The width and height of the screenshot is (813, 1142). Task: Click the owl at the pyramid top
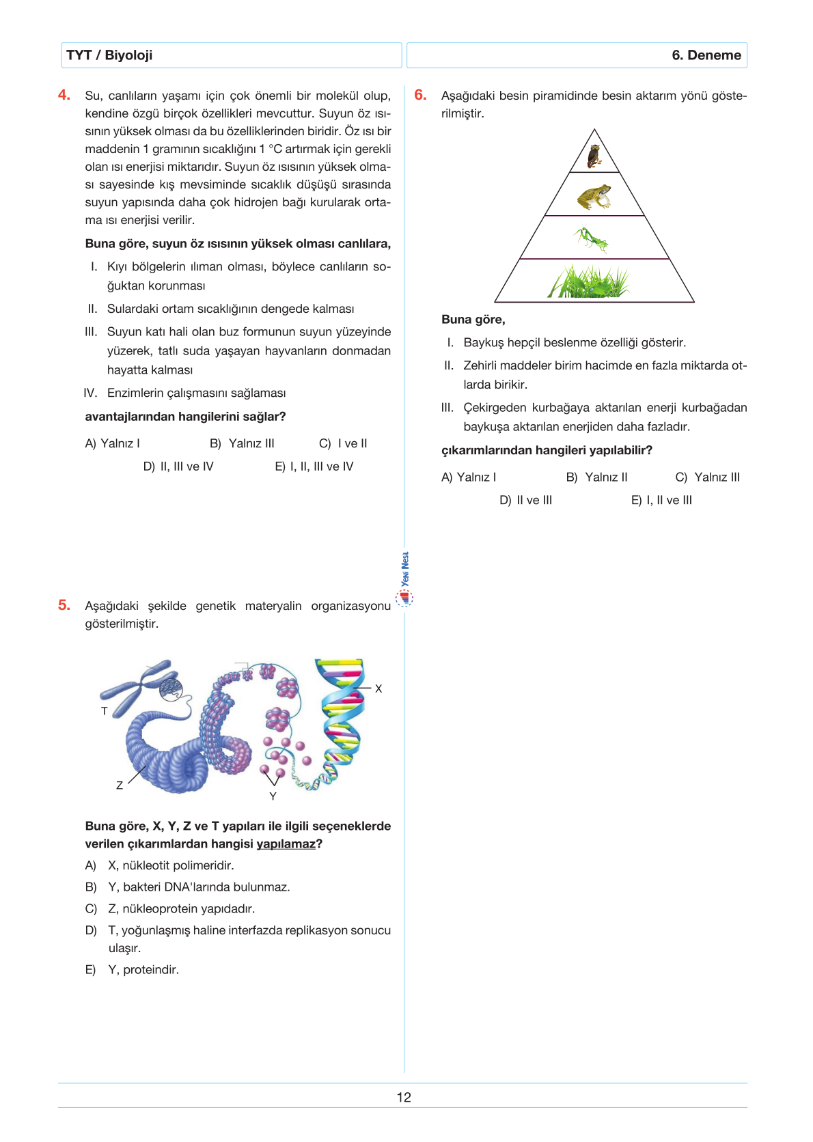[x=594, y=156]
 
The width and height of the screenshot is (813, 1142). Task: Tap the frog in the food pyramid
[x=594, y=197]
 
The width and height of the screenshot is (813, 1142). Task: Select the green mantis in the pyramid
[x=591, y=238]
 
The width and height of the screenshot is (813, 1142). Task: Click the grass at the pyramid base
[x=589, y=281]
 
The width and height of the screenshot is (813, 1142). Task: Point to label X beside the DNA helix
[x=378, y=688]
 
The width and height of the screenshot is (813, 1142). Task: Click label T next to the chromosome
[x=105, y=711]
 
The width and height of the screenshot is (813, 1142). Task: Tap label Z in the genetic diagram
[x=120, y=785]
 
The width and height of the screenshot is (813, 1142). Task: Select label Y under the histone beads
[x=273, y=796]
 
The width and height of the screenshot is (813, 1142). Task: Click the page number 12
[x=404, y=1097]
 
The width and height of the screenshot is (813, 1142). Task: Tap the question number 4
[x=64, y=95]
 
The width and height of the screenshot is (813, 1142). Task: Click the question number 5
[x=64, y=605]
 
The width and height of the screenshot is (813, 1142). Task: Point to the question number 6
[x=421, y=95]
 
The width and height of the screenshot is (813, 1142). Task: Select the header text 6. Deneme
[x=706, y=55]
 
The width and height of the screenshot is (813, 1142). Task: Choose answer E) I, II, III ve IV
[x=314, y=466]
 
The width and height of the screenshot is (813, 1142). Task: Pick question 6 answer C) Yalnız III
[x=707, y=477]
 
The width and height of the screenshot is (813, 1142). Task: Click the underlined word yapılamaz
[x=286, y=844]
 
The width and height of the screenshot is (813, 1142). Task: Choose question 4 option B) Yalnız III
[x=242, y=443]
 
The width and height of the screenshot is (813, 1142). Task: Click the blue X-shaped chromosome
[x=140, y=686]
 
